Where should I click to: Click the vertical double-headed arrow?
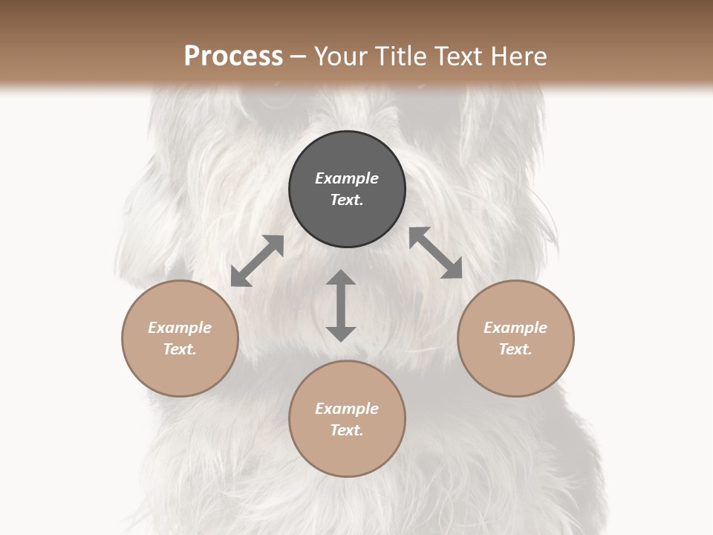(341, 306)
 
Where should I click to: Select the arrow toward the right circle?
(435, 253)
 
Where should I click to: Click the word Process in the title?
(233, 56)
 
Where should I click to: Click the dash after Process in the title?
(299, 57)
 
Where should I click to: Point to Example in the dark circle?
(347, 178)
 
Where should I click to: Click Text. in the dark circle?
(347, 200)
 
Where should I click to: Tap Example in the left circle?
(180, 328)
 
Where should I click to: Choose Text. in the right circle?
(515, 349)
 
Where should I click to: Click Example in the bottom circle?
(347, 409)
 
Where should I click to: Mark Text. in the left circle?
(180, 349)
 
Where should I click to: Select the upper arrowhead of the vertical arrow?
(341, 278)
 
